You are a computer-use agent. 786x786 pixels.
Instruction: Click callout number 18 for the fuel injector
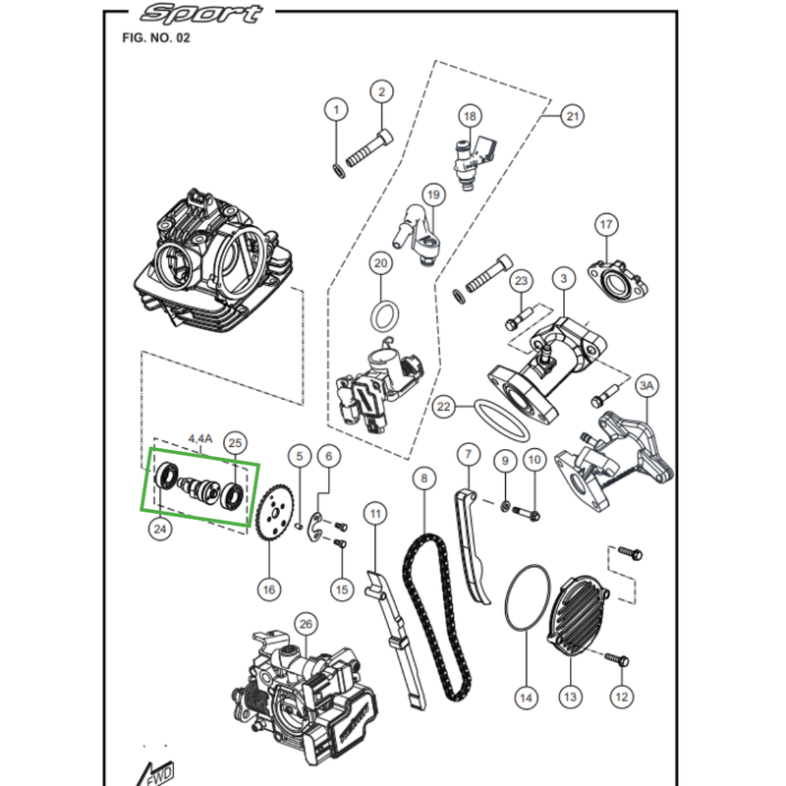point(470,116)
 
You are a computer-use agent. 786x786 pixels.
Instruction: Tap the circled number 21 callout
point(572,116)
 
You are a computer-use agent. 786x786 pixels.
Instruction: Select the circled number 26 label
point(305,623)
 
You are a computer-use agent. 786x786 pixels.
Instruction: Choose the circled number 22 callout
point(444,405)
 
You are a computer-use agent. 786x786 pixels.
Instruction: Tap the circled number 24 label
point(160,529)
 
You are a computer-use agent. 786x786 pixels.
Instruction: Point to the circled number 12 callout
point(620,697)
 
